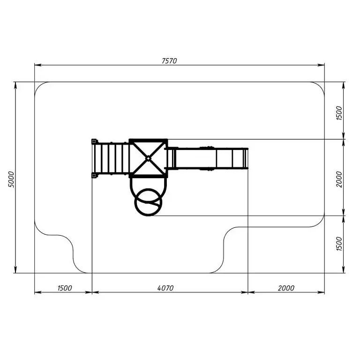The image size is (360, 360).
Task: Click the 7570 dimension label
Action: coord(169,61)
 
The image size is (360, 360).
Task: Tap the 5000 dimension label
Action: coord(11,180)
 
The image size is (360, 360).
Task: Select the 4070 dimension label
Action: coord(165,288)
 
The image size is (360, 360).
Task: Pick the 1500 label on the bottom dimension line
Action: coord(65,288)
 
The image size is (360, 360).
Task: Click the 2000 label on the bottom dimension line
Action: coord(286,288)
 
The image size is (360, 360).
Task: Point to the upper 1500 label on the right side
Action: coord(339,113)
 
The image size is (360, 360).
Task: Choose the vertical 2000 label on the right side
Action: coord(339,180)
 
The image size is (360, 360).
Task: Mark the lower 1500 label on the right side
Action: coord(339,244)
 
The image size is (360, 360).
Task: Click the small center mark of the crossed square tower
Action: coord(148,158)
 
